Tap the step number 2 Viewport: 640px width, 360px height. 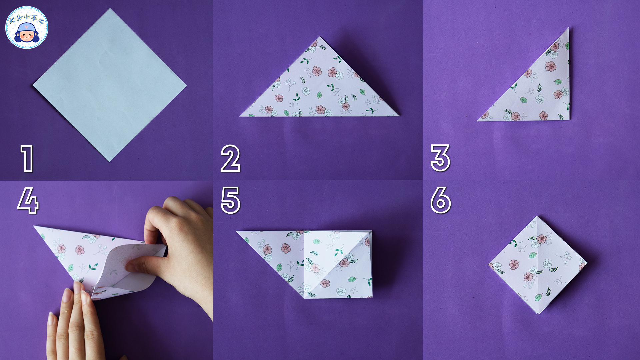(x=230, y=158)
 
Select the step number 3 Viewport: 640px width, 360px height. (x=440, y=158)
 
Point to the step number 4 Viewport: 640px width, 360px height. (x=28, y=200)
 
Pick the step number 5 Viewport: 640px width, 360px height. (x=231, y=200)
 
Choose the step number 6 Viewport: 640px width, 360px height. (x=441, y=200)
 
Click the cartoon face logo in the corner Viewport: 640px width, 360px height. (x=27, y=27)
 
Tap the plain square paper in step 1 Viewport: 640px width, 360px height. (x=109, y=85)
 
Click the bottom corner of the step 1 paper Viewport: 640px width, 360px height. (x=109, y=162)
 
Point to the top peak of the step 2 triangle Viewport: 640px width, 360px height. (x=320, y=37)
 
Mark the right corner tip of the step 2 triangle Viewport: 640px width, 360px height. (x=399, y=116)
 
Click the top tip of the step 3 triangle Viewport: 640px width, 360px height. (x=568, y=28)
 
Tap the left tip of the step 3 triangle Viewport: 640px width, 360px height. (x=477, y=120)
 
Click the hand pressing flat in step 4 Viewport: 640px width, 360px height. (x=73, y=322)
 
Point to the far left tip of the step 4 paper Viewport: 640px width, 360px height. (x=34, y=226)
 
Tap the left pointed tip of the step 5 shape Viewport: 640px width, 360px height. (x=236, y=231)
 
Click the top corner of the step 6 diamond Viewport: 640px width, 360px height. (x=537, y=216)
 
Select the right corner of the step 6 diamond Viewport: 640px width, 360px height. (x=587, y=263)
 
